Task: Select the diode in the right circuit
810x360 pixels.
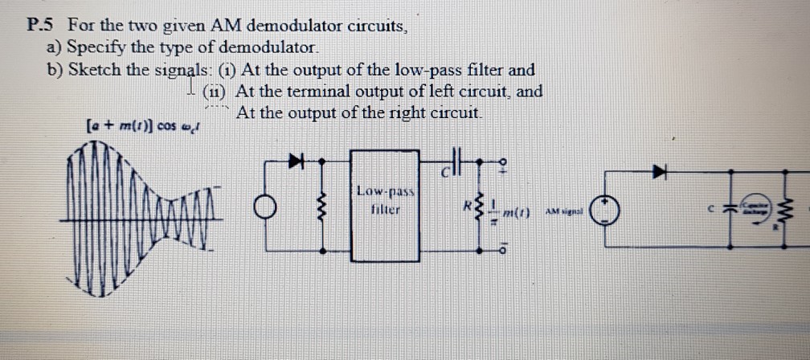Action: tap(661, 170)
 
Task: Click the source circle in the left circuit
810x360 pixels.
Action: tap(264, 207)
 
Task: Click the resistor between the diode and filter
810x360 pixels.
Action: tap(324, 207)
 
